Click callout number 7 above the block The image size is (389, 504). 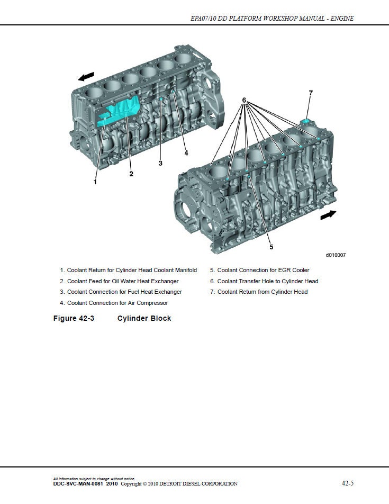pos(311,93)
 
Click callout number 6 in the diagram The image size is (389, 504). pos(244,100)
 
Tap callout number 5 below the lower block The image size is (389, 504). pos(271,246)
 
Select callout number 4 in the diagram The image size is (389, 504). pos(186,153)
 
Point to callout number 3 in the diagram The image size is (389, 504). pos(160,163)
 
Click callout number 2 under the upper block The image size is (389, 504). pos(131,174)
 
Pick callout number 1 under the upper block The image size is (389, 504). pos(95,182)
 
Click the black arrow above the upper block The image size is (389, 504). pos(86,77)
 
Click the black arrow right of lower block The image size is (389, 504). pos(328,214)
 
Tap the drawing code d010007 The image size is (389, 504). pos(336,255)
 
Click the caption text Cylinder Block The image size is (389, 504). pos(144,318)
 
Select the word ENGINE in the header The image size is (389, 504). pos(342,19)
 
